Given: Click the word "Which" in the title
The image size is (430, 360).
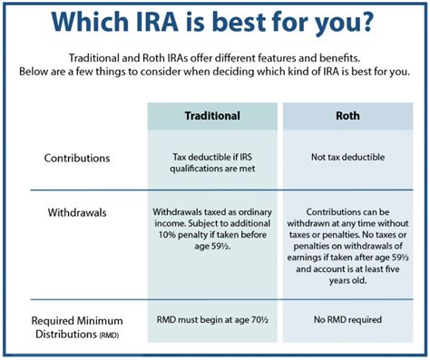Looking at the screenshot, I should [x=89, y=23].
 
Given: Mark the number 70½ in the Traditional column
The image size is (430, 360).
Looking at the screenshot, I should [x=260, y=319].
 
